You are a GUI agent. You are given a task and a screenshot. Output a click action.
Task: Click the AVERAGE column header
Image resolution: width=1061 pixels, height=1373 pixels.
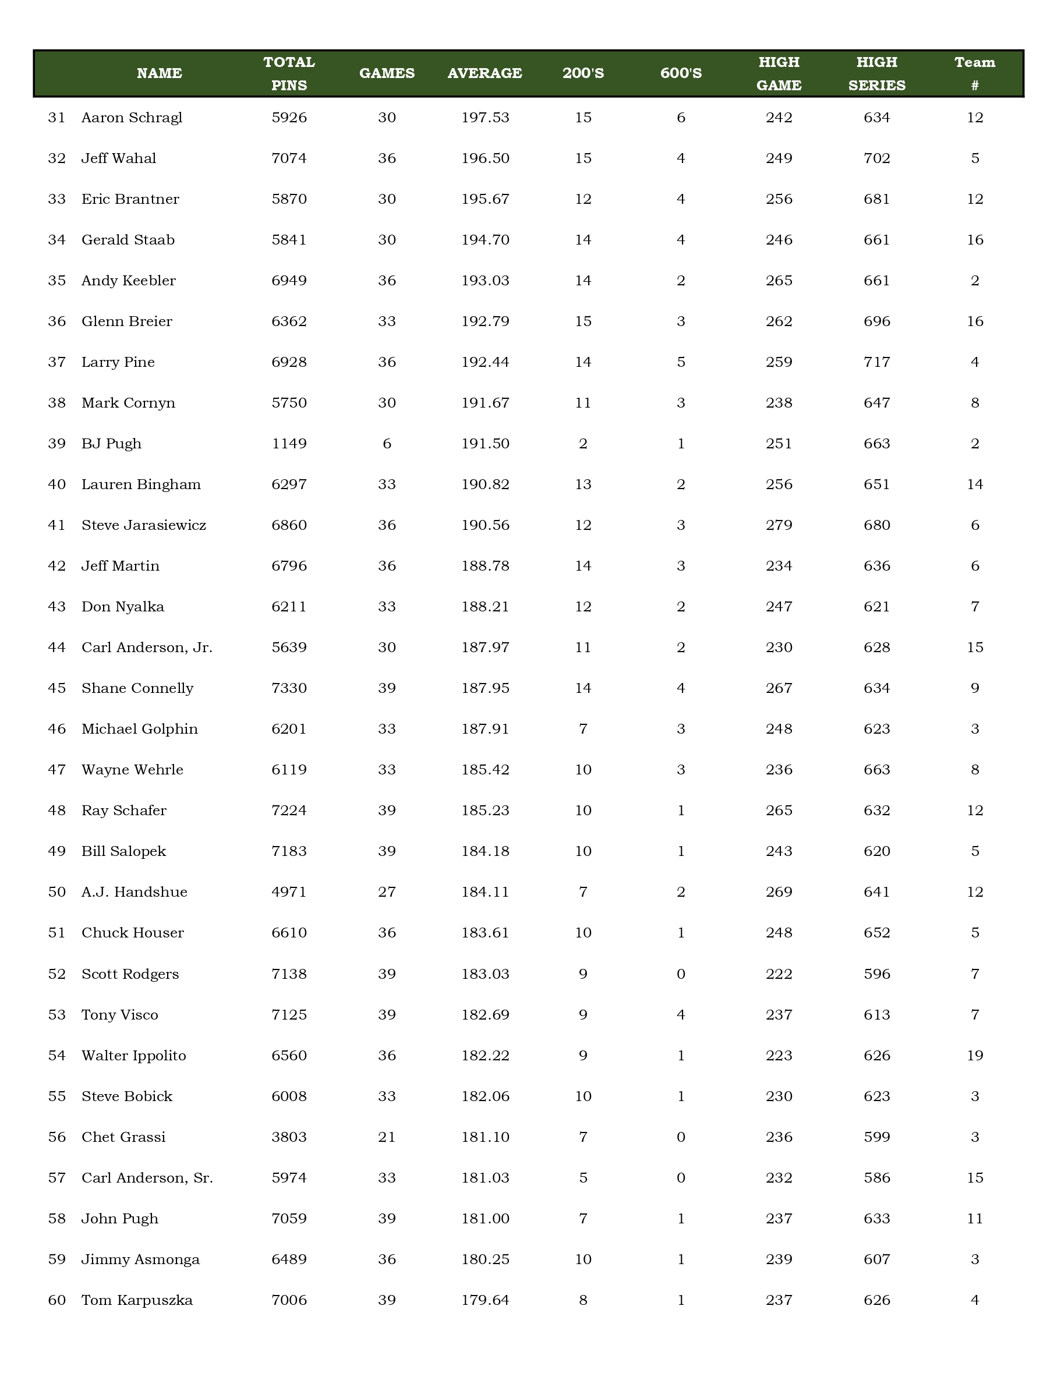pyautogui.click(x=484, y=73)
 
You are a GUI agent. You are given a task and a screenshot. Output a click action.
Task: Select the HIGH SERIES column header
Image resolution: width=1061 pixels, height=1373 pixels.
pyautogui.click(x=876, y=73)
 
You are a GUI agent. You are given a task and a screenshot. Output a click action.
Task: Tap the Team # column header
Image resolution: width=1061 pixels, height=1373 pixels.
pyautogui.click(x=974, y=73)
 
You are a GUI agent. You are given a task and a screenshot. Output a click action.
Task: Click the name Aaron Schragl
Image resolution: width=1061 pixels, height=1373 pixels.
pyautogui.click(x=132, y=118)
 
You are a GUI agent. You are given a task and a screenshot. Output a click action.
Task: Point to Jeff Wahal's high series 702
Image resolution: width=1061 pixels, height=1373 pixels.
pyautogui.click(x=877, y=158)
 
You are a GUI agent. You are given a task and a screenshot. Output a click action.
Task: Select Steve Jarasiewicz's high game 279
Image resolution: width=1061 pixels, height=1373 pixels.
pyautogui.click(x=779, y=525)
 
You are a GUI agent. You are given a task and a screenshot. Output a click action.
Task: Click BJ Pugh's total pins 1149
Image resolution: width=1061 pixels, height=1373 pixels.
pyautogui.click(x=289, y=444)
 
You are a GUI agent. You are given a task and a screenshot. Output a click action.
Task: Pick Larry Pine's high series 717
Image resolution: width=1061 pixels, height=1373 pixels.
pyautogui.click(x=877, y=362)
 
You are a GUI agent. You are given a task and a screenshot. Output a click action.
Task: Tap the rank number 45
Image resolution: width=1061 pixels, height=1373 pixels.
pyautogui.click(x=56, y=688)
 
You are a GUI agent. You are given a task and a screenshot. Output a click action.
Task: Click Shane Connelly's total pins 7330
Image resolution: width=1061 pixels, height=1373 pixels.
pyautogui.click(x=289, y=688)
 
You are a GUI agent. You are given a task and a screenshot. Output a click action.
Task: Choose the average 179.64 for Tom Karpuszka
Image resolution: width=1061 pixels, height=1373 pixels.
pyautogui.click(x=485, y=1300)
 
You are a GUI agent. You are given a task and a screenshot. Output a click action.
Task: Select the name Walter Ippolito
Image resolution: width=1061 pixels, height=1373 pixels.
pyautogui.click(x=134, y=1056)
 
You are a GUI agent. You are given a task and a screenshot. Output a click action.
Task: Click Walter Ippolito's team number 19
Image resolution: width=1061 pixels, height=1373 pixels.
pyautogui.click(x=975, y=1056)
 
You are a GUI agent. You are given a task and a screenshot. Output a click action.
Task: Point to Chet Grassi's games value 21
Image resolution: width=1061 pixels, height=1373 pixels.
pyautogui.click(x=387, y=1137)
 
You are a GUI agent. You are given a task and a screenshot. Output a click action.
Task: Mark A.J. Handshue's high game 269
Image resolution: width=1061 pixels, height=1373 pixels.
pyautogui.click(x=779, y=892)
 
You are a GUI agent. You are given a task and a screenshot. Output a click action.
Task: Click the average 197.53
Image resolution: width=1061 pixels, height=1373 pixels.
pyautogui.click(x=485, y=118)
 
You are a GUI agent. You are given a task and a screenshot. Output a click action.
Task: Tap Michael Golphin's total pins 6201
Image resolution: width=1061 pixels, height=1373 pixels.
pyautogui.click(x=289, y=729)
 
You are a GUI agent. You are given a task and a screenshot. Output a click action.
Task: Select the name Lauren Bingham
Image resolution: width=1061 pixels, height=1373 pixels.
pyautogui.click(x=142, y=484)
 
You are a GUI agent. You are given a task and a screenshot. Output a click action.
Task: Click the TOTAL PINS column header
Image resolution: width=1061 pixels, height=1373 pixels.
pyautogui.click(x=289, y=73)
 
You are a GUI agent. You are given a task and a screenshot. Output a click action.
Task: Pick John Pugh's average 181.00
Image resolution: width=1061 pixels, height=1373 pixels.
pyautogui.click(x=485, y=1218)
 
